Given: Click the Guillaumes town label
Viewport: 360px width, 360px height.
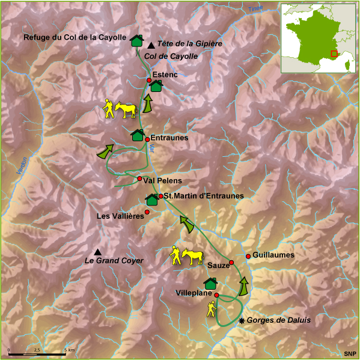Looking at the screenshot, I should [x=273, y=255].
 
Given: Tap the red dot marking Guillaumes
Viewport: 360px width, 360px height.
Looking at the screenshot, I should [x=248, y=257].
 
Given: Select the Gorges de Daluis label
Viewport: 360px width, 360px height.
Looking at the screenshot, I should [x=279, y=320].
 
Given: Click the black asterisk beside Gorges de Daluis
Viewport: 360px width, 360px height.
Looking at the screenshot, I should [x=242, y=321].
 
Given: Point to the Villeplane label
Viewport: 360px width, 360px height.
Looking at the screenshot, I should [x=194, y=293].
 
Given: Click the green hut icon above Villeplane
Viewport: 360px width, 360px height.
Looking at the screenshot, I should [x=210, y=282].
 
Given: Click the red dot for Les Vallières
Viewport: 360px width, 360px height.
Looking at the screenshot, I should [x=147, y=212].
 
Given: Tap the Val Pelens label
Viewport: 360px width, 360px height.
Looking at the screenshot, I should [x=162, y=180].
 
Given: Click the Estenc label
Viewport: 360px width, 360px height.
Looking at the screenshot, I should [x=163, y=75].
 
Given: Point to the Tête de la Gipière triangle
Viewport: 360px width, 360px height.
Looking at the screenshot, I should [x=150, y=44].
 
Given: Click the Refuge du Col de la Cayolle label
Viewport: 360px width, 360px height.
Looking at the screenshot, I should [x=75, y=38].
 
